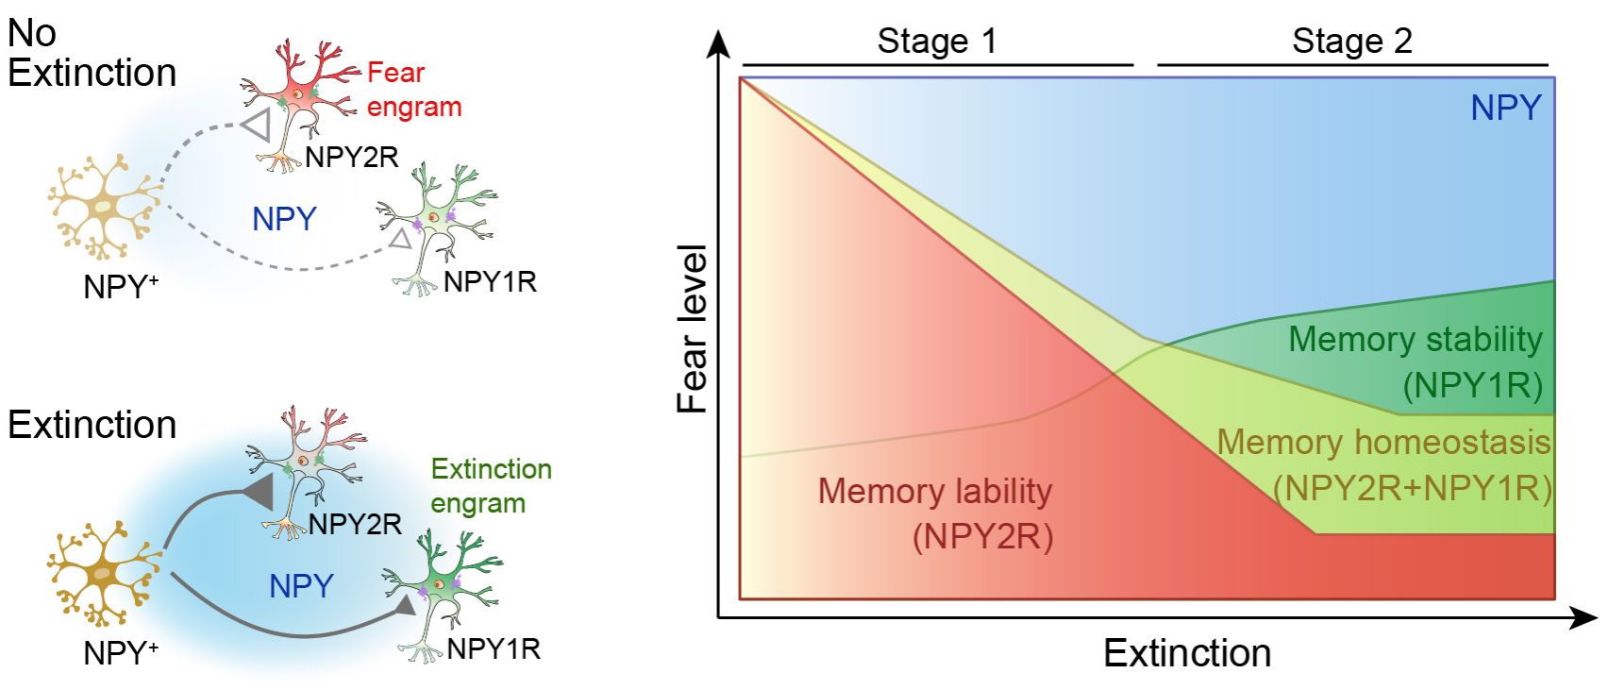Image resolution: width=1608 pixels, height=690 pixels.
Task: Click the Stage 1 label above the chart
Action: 936,41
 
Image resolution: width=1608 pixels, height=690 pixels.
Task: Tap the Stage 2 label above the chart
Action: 1351,41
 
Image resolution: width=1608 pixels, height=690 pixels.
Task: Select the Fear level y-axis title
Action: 693,328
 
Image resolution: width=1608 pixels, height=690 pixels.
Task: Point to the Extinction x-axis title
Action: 1187,653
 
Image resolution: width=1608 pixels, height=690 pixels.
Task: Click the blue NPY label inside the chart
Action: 1505,108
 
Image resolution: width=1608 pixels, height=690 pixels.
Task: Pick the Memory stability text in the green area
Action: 1415,339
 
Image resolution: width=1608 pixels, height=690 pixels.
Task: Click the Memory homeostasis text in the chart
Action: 1383,442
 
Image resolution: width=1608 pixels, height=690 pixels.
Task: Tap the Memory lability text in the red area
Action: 934,491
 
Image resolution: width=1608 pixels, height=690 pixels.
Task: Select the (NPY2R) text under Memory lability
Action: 982,536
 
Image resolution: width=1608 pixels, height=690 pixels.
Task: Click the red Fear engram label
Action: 413,90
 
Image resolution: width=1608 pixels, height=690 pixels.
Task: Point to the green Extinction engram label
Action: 491,485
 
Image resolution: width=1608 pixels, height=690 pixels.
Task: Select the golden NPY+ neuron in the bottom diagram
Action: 102,572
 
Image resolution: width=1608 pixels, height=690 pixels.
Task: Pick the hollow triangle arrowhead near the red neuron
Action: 257,124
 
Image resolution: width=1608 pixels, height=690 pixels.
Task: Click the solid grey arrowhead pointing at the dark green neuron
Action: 405,605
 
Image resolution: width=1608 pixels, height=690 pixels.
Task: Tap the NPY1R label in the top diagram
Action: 490,281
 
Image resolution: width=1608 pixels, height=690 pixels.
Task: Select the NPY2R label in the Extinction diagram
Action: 355,524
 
